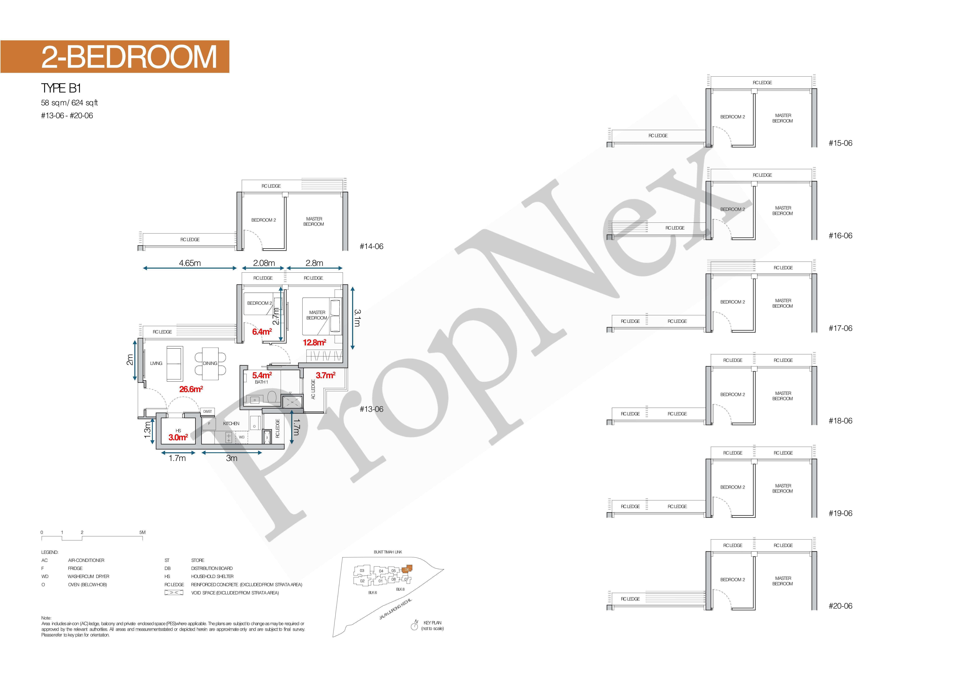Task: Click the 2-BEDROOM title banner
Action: (x=115, y=57)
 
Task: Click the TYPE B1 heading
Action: (x=61, y=88)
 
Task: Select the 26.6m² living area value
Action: (x=191, y=389)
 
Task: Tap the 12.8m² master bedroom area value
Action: (x=314, y=342)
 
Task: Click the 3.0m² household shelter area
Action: (x=178, y=437)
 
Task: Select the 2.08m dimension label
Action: (x=264, y=263)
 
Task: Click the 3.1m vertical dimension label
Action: (x=357, y=318)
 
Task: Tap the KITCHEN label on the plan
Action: (x=231, y=423)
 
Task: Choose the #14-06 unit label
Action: (x=371, y=246)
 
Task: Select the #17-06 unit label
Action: (x=840, y=328)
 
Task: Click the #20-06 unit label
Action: (x=840, y=606)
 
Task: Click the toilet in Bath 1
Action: (x=272, y=397)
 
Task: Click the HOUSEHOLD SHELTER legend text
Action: (x=212, y=576)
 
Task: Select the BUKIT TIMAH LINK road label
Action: (x=388, y=552)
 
